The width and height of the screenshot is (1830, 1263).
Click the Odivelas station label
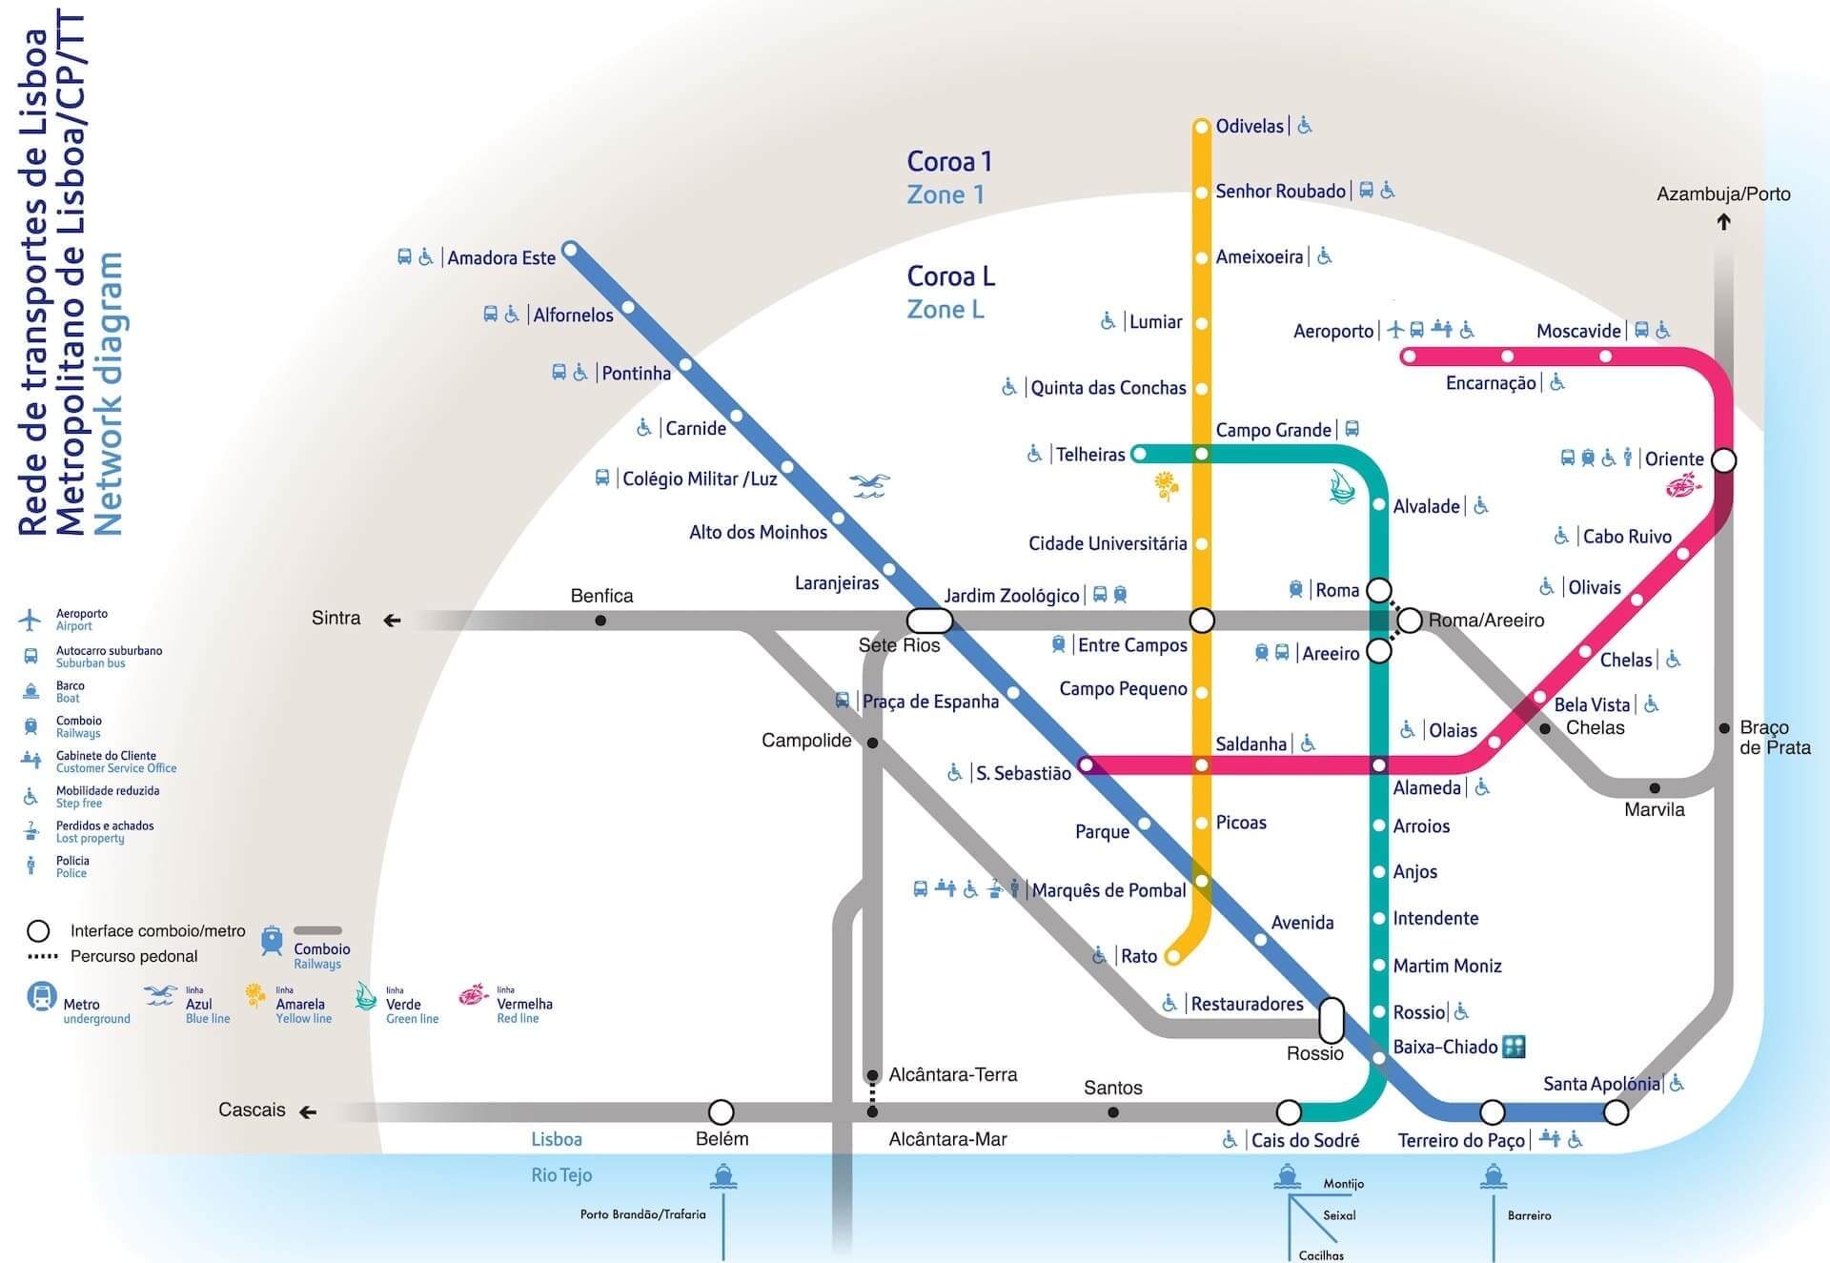click(x=1250, y=126)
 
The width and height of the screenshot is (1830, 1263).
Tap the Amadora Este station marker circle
click(x=570, y=251)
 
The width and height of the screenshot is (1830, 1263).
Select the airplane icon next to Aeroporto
click(x=1396, y=330)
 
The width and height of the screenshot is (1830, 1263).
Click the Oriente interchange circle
click(x=1723, y=460)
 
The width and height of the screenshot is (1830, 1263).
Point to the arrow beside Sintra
click(x=392, y=621)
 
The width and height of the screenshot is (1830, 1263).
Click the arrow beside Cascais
click(x=307, y=1112)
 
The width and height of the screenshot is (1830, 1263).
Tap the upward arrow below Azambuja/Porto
click(x=1723, y=222)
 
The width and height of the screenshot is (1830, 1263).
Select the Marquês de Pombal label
click(x=1108, y=890)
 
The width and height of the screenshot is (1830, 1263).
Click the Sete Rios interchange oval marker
click(x=928, y=621)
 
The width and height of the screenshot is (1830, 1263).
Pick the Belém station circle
click(x=722, y=1112)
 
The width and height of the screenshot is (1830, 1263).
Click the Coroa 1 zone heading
click(x=949, y=162)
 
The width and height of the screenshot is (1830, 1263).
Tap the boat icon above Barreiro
click(x=1494, y=1178)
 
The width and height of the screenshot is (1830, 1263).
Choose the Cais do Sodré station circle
click(x=1289, y=1112)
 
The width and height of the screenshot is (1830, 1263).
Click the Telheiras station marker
click(x=1139, y=455)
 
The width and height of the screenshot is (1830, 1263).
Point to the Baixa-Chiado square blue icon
click(x=1514, y=1047)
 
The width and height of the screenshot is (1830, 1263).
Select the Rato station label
click(x=1138, y=956)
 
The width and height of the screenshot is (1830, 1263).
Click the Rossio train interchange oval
click(x=1332, y=1020)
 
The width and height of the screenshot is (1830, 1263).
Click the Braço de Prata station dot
click(x=1724, y=728)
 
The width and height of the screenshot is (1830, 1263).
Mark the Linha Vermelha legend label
click(x=524, y=1005)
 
